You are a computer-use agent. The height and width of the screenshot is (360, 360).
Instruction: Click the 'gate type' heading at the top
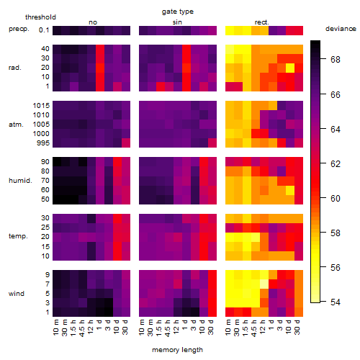pyautogui.click(x=178, y=12)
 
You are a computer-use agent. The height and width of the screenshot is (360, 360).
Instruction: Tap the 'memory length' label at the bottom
pyautogui.click(x=177, y=350)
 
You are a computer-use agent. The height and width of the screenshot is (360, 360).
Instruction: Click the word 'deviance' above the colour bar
pyautogui.click(x=341, y=29)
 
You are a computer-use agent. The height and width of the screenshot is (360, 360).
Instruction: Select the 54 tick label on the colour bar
pyautogui.click(x=336, y=302)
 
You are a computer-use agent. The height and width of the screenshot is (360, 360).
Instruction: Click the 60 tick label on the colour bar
pyautogui.click(x=336, y=199)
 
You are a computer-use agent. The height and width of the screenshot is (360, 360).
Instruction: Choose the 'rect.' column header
pyautogui.click(x=262, y=22)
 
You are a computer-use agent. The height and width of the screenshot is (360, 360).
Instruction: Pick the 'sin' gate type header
pyautogui.click(x=177, y=22)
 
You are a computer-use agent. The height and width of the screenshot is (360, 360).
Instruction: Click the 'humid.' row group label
pyautogui.click(x=20, y=181)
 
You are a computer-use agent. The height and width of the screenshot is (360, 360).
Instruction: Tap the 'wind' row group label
pyautogui.click(x=17, y=294)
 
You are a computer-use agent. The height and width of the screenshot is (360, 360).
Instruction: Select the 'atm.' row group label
pyautogui.click(x=16, y=125)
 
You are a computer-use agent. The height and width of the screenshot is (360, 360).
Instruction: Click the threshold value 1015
pyautogui.click(x=41, y=106)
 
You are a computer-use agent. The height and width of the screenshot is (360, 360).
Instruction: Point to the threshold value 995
pyautogui.click(x=43, y=143)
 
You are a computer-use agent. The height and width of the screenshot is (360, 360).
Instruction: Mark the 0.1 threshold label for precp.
pyautogui.click(x=44, y=30)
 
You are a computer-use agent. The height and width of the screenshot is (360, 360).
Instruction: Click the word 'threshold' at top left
pyautogui.click(x=40, y=17)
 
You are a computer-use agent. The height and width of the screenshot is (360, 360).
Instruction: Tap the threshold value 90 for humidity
pyautogui.click(x=45, y=162)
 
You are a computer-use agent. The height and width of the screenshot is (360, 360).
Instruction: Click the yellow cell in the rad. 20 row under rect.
pyautogui.click(x=290, y=68)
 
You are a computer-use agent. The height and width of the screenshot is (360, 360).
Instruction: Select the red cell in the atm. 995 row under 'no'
pyautogui.click(x=126, y=143)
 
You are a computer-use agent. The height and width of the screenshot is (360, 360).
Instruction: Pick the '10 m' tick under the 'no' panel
pyautogui.click(x=56, y=327)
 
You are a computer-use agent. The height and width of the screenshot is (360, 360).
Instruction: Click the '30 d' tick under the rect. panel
pyautogui.click(x=297, y=327)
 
